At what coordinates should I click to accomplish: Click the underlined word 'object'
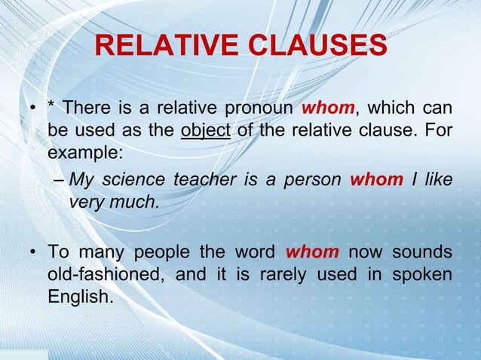tap(206, 130)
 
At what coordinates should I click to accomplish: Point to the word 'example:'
tap(83, 152)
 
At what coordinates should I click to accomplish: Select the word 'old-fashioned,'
tap(106, 273)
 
